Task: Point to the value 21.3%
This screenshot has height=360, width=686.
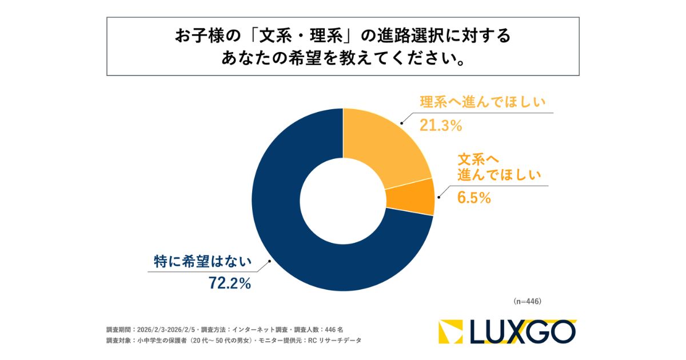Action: pyautogui.click(x=441, y=125)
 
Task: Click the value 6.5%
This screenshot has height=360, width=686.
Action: pyautogui.click(x=474, y=198)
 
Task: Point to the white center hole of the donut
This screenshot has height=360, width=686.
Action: pyautogui.click(x=343, y=200)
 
